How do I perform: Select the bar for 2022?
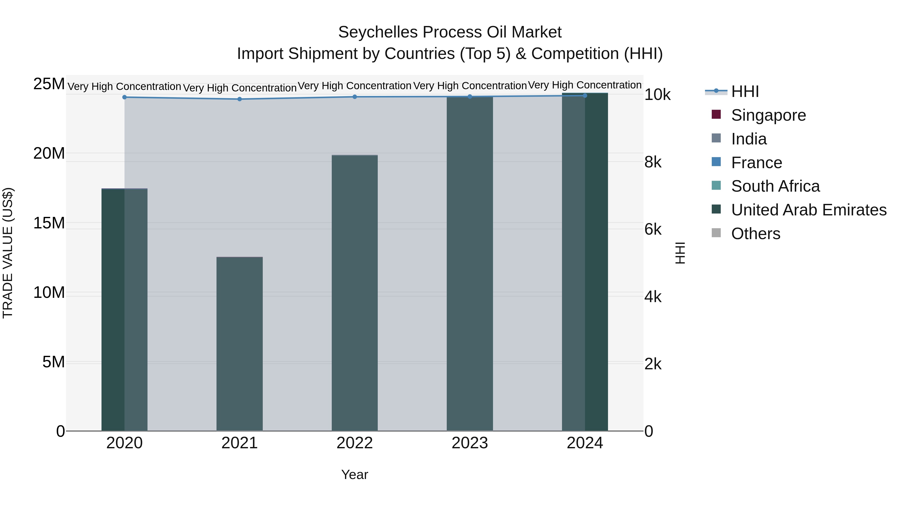[x=354, y=293]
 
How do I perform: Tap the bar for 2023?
[x=469, y=264]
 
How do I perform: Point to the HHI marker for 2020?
[x=124, y=97]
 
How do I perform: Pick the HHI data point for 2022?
[x=354, y=97]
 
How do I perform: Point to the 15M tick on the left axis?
[x=49, y=223]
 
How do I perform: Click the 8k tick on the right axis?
[x=653, y=162]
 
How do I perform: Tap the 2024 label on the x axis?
[x=584, y=443]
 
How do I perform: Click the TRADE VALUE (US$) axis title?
[x=8, y=253]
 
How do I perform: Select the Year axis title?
[x=354, y=475]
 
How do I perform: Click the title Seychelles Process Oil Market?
[x=450, y=32]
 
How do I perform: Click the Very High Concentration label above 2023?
[x=469, y=85]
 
